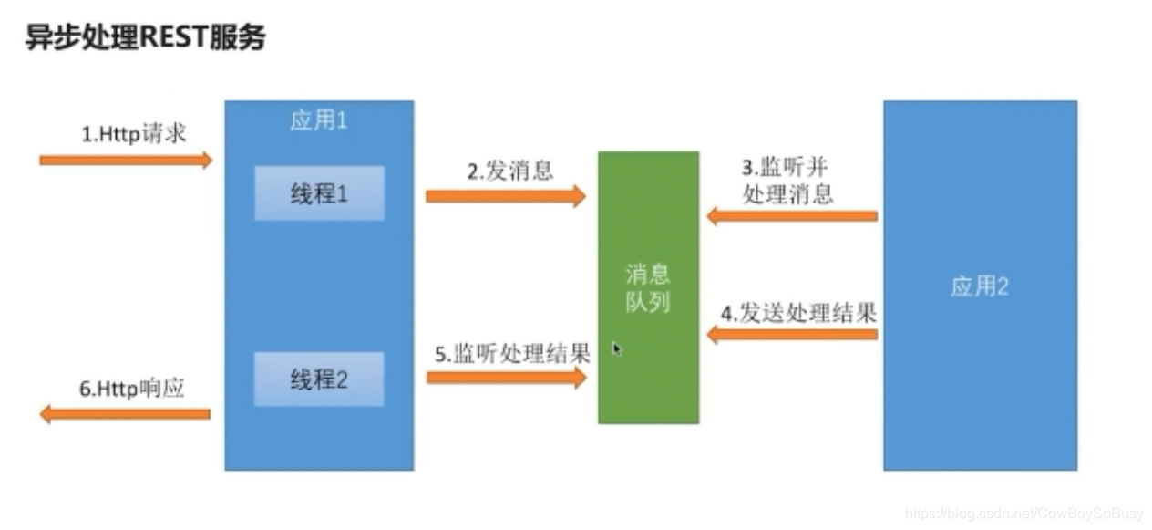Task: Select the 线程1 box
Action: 319,193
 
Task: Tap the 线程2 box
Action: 319,379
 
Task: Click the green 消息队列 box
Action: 648,287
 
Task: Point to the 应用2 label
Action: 980,286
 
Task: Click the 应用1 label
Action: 318,121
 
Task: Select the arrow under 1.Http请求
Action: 126,161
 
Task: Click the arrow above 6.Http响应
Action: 126,414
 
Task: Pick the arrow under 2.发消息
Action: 505,195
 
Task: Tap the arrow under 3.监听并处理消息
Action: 792,216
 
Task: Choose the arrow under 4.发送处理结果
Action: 792,334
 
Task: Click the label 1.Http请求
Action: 134,133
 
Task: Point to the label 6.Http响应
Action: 132,388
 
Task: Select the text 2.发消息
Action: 510,171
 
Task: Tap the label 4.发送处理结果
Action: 798,313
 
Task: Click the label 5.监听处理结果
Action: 511,353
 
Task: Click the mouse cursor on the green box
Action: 617,348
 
